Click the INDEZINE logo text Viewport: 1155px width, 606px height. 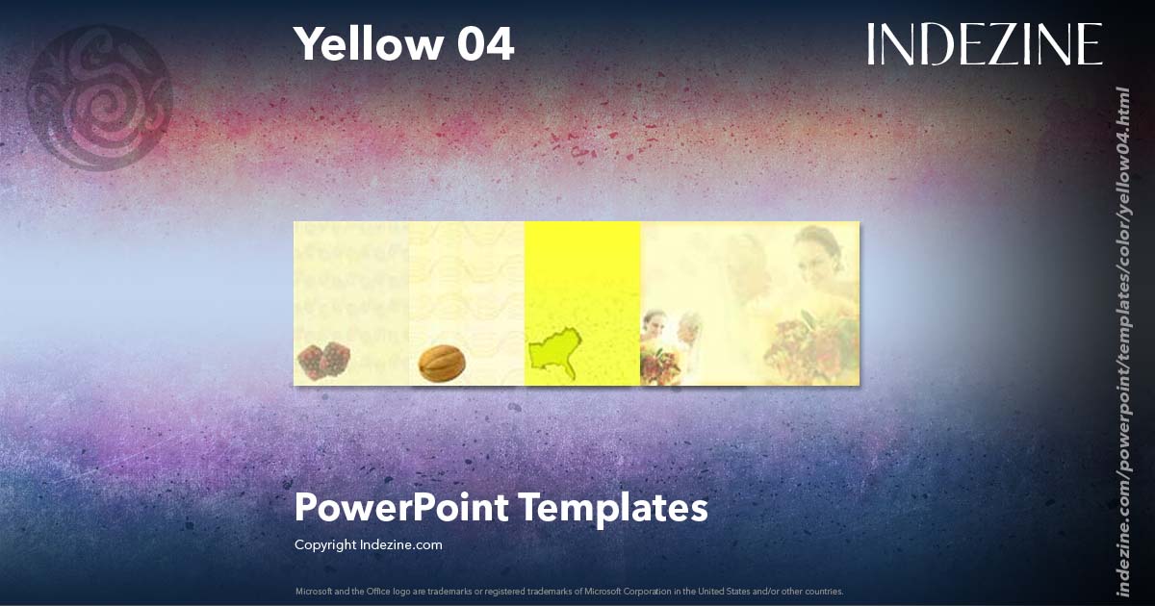[984, 44]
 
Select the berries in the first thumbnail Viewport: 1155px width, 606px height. [322, 360]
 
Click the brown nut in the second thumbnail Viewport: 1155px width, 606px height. [442, 363]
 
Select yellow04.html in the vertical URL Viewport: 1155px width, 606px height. [1121, 135]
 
